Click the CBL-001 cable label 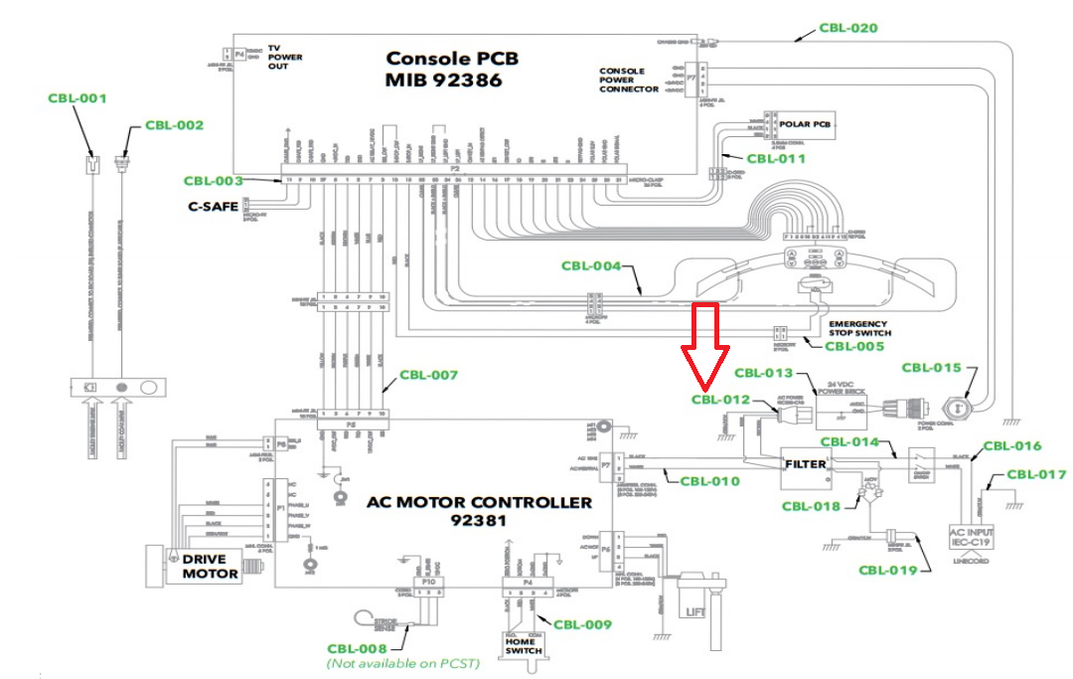pos(77,98)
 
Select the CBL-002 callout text pos(174,125)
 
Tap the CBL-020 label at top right pos(847,28)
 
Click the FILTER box pos(806,464)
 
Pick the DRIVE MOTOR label pos(210,567)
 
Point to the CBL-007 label pos(428,376)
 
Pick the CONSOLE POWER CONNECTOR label pos(628,81)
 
